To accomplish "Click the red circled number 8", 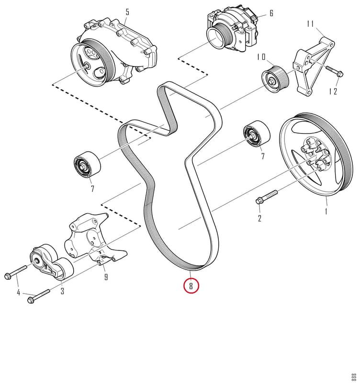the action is (191, 285).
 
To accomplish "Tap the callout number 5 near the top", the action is (127, 12).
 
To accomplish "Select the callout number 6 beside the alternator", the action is (271, 13).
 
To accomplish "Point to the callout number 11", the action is (310, 24).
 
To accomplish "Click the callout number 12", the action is (333, 91).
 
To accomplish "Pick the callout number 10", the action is (261, 57).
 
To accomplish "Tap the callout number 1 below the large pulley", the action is (326, 211).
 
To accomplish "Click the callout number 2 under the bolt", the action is (259, 218).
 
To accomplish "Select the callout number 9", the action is (106, 277).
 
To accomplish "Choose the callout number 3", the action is (63, 291).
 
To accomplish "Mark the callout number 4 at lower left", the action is (19, 293).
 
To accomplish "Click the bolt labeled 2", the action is (267, 196).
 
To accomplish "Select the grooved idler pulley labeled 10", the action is (275, 79).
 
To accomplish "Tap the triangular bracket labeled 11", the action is (314, 66).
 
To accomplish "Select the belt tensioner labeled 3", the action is (51, 262).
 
